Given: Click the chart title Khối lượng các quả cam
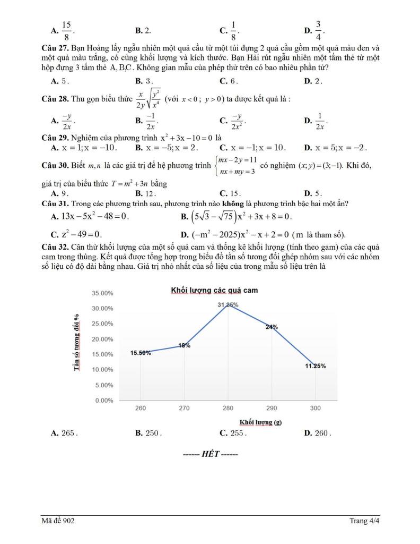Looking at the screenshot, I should (214, 291).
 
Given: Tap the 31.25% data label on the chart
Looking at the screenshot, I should (228, 305).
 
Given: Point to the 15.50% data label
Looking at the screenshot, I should (141, 353).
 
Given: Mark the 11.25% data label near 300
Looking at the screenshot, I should (316, 366).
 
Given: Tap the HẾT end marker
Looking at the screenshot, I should (210, 455).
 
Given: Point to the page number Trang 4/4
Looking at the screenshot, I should (365, 521).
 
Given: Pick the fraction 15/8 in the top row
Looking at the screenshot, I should (67, 31).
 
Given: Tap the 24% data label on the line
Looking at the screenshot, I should (272, 327).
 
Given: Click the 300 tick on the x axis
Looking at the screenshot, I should (316, 408).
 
